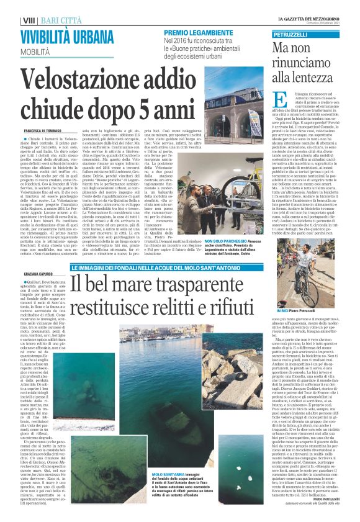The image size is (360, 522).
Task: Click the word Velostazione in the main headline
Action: click(93, 83)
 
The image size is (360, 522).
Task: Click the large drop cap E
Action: click(279, 101)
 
